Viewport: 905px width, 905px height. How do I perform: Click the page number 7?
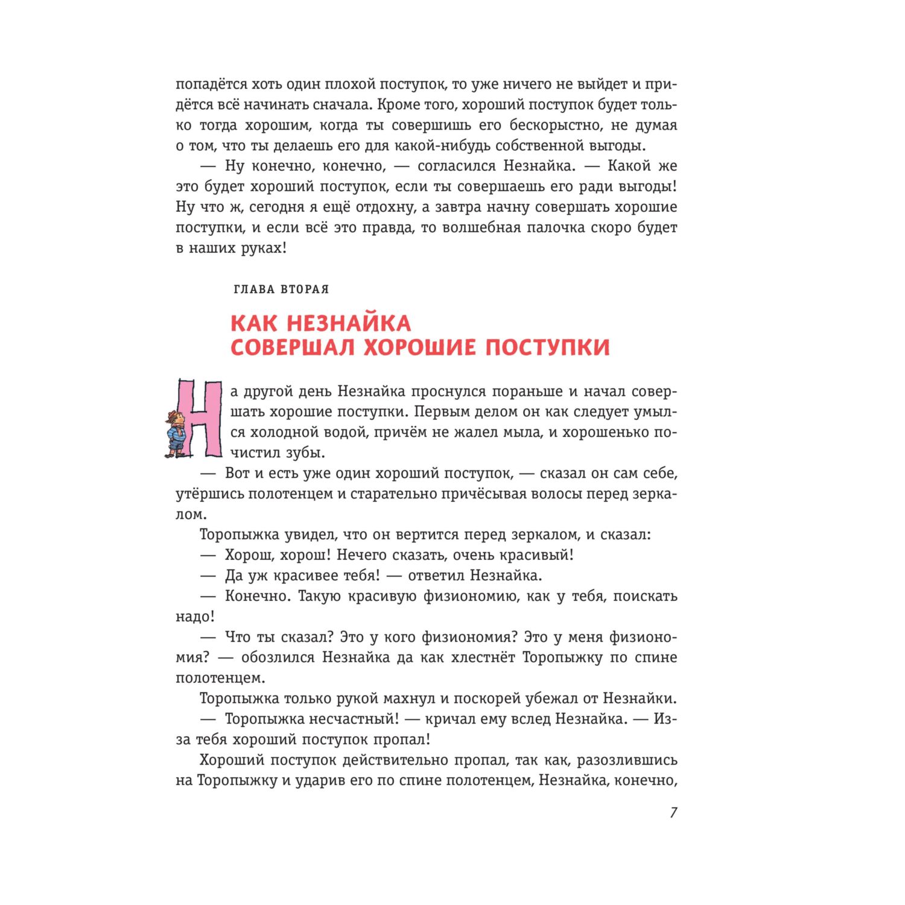673,813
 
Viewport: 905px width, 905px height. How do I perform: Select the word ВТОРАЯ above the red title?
305,290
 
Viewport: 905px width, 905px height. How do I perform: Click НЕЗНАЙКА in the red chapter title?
349,323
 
